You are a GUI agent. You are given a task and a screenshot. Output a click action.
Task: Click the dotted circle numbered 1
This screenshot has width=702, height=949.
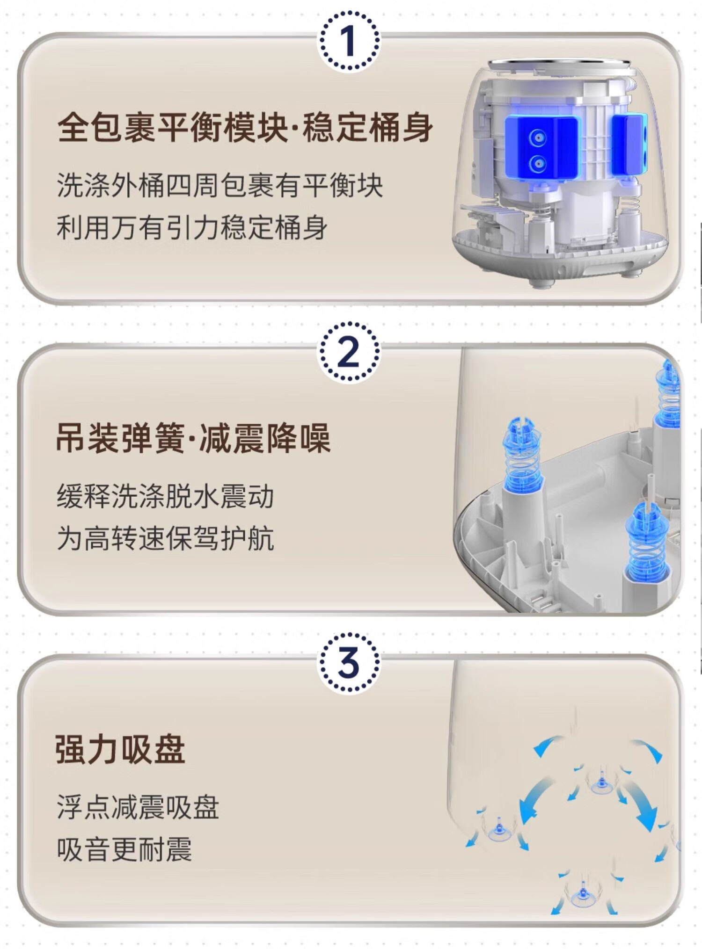tap(349, 41)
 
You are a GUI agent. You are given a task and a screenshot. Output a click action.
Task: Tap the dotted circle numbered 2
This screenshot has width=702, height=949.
tap(349, 352)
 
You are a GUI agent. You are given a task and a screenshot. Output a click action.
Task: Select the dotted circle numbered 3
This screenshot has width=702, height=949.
tap(349, 662)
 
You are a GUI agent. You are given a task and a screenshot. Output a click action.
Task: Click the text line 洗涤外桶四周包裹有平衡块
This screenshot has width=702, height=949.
tap(219, 186)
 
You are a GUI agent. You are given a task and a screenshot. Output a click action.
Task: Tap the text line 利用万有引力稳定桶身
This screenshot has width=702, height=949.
tap(192, 228)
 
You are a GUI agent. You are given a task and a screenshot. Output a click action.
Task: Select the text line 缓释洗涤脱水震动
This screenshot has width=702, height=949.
tap(165, 496)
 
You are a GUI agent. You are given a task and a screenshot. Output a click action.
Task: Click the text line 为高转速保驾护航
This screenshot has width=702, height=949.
tap(165, 538)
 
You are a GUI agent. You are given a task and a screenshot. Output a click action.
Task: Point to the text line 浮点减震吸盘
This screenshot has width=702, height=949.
tap(138, 807)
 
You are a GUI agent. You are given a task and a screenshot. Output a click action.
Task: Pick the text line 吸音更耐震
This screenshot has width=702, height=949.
tap(124, 849)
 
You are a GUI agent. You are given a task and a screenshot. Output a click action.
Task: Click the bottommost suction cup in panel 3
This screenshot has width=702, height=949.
tap(583, 894)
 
